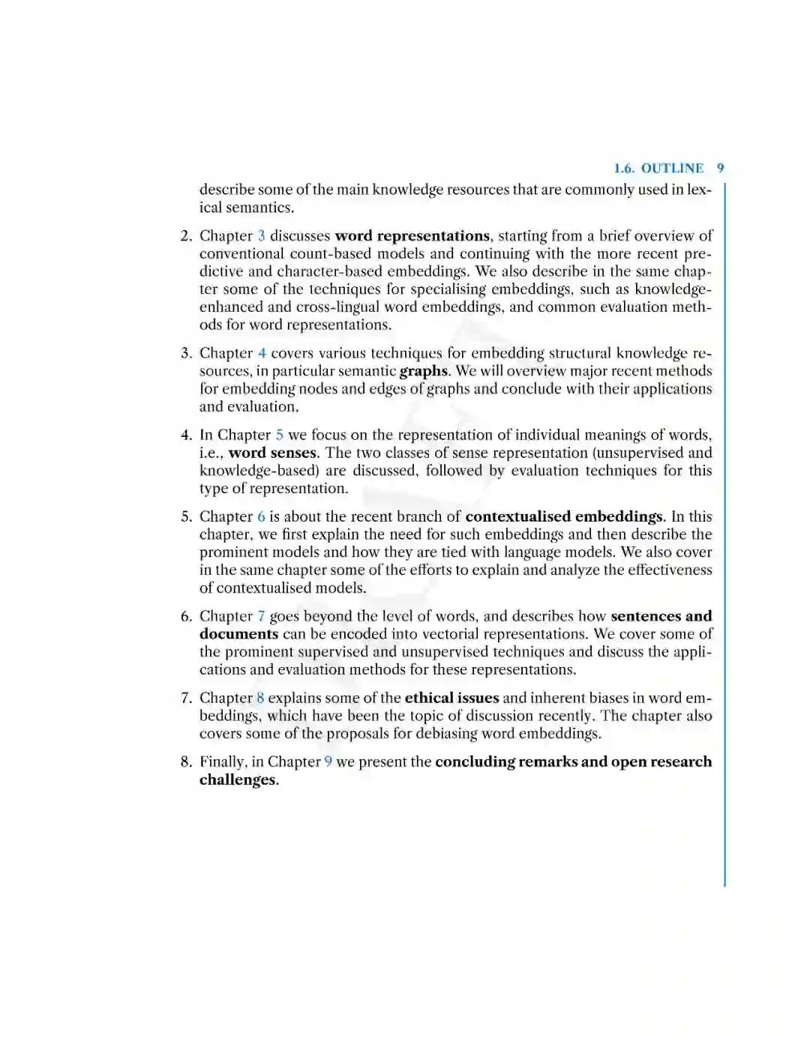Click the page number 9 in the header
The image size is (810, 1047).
point(720,169)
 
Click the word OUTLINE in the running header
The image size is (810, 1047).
point(672,169)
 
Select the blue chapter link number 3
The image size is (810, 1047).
point(262,236)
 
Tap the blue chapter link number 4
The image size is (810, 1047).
point(262,354)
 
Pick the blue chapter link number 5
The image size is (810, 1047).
point(280,435)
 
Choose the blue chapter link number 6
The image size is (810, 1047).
point(261,517)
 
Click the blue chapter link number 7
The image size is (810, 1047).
point(261,617)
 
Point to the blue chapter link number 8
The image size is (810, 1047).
point(260,698)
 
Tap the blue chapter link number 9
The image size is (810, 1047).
point(328,762)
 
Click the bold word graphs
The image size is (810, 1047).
point(424,372)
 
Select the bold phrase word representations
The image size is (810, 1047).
point(412,236)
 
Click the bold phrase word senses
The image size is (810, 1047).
point(273,453)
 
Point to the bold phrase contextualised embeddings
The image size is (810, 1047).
point(564,517)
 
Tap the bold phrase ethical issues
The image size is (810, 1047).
point(451,698)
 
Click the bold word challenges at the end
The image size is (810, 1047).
point(238,780)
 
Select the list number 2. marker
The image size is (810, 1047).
point(186,236)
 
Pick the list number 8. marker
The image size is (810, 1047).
point(186,762)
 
